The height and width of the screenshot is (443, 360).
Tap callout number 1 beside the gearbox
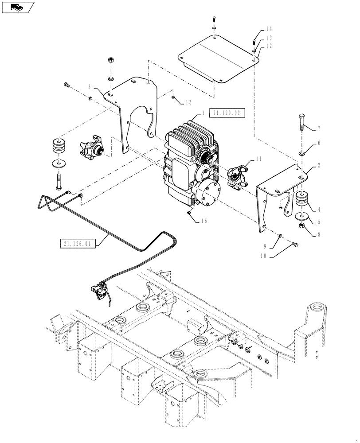pyautogui.click(x=203, y=113)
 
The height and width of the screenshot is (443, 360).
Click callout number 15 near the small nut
pyautogui.click(x=188, y=102)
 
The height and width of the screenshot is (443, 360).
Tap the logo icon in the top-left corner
pyautogui.click(x=18, y=7)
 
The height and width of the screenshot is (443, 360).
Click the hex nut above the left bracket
pyautogui.click(x=110, y=60)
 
